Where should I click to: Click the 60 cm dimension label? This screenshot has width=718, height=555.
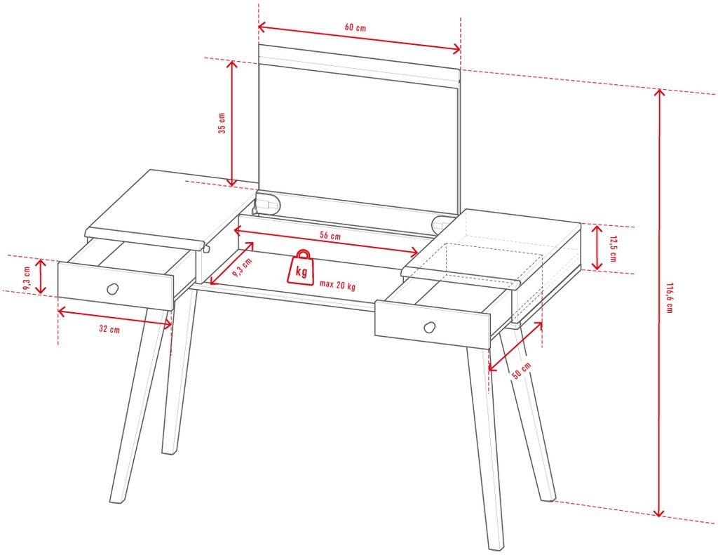pos(355,27)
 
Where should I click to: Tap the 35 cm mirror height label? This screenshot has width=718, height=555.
pos(222,123)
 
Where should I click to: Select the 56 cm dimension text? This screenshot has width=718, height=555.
pos(330,236)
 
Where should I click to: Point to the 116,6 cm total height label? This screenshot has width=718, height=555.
pos(669,298)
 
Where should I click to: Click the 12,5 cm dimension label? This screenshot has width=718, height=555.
pos(613,248)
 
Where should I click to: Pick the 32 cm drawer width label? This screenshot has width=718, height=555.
pos(109,328)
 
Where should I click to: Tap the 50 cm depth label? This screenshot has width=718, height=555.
pos(521,370)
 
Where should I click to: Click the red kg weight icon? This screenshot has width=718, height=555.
pos(300,267)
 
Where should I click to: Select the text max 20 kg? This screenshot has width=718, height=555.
pos(337,285)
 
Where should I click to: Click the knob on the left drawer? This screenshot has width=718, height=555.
pos(112,289)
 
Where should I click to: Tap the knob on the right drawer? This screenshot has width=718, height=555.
pos(430,327)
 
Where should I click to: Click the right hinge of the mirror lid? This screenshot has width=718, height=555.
pos(442,222)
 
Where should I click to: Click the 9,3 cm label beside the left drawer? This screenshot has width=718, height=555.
pos(27,278)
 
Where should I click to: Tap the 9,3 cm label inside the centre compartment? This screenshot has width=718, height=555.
pos(242,267)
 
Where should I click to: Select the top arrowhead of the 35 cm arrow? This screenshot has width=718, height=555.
pos(232,65)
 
